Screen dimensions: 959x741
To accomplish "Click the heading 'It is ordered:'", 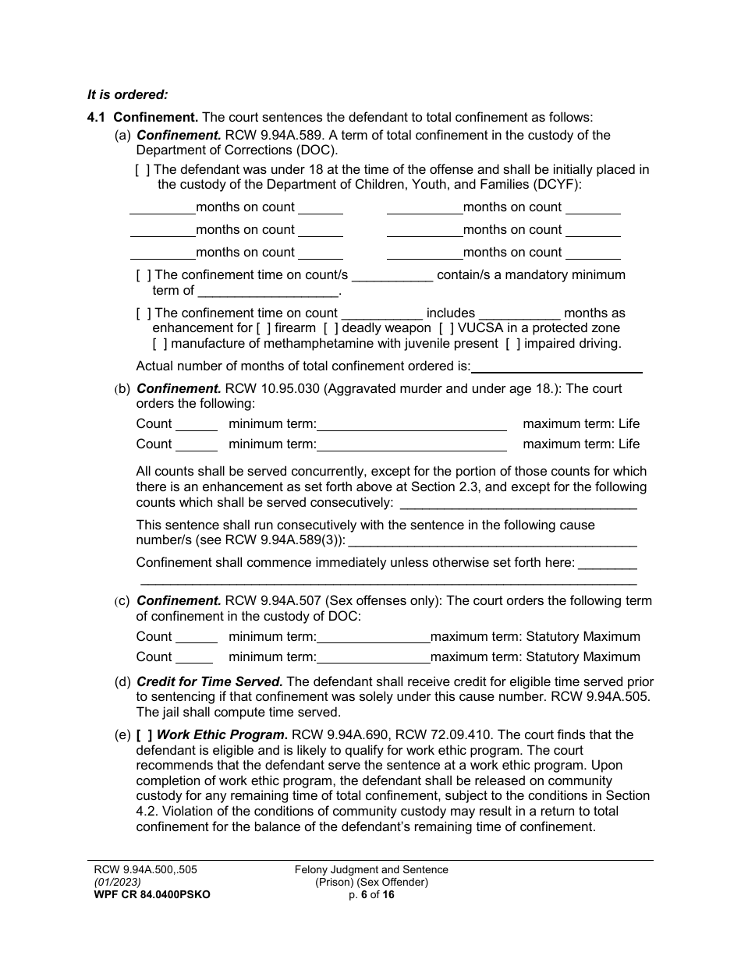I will click(127, 95).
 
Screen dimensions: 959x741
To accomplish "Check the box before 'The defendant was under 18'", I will click(143, 170).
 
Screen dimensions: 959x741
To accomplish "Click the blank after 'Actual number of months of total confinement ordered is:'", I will click(557, 367).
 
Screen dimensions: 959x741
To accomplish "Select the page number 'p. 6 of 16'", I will click(371, 894).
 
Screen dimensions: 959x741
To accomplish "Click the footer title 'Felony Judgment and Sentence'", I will click(371, 870).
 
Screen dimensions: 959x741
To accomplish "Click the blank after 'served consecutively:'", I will click(517, 504).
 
